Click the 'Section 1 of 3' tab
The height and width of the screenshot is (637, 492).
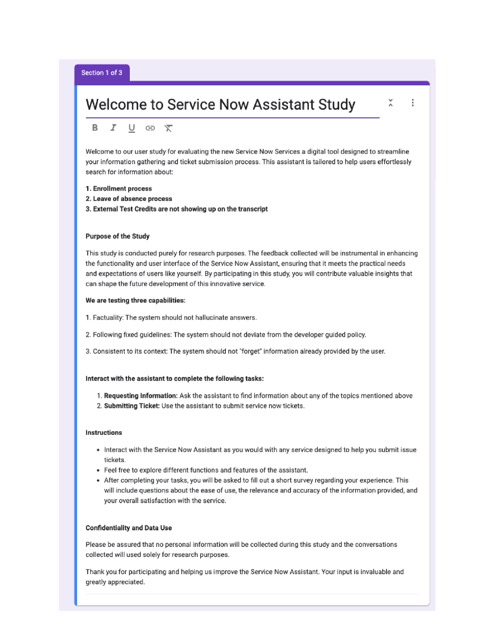101,73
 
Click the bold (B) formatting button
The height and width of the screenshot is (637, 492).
95,127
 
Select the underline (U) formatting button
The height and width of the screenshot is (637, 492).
132,127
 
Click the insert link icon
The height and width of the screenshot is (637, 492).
150,127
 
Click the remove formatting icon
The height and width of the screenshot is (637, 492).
168,127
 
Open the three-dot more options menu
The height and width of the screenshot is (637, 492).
413,103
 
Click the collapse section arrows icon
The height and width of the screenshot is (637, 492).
391,103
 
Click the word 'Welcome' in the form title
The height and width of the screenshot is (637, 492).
116,105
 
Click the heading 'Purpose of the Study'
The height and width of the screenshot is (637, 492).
117,236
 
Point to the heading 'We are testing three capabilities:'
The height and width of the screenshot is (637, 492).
135,300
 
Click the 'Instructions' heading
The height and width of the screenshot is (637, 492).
104,433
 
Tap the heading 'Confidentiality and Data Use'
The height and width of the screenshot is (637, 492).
129,528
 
